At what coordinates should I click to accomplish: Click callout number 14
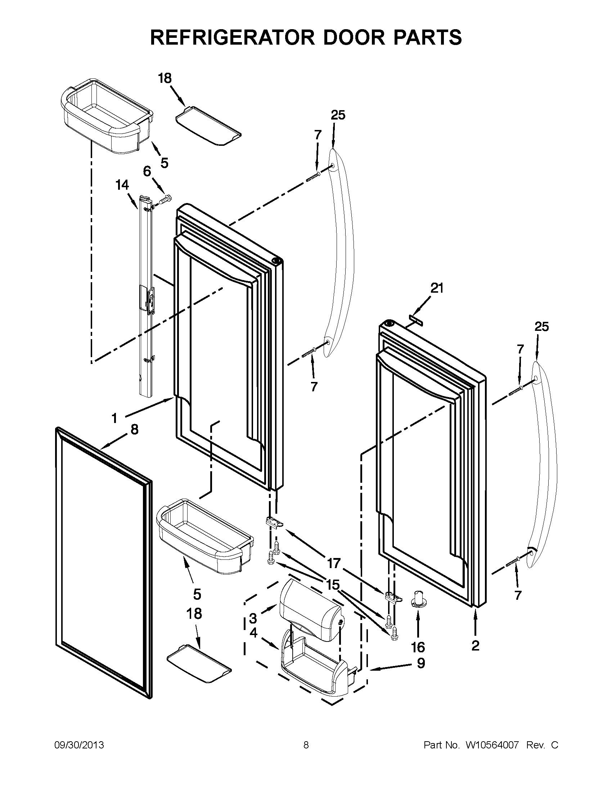pyautogui.click(x=122, y=185)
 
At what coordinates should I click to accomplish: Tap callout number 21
pyautogui.click(x=437, y=288)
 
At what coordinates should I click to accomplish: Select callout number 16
pyautogui.click(x=418, y=647)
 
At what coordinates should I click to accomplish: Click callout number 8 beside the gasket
pyautogui.click(x=134, y=430)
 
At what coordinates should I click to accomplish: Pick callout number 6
pyautogui.click(x=147, y=171)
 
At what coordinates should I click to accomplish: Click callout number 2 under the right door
pyautogui.click(x=475, y=645)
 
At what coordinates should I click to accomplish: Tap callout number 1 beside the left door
pyautogui.click(x=114, y=419)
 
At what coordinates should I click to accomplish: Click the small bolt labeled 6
pyautogui.click(x=166, y=199)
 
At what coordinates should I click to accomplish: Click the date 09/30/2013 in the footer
pyautogui.click(x=79, y=745)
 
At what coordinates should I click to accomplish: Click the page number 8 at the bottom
pyautogui.click(x=306, y=745)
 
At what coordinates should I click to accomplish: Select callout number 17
pyautogui.click(x=334, y=563)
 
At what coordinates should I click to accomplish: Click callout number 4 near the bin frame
pyautogui.click(x=253, y=633)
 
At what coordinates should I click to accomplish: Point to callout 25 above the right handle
pyautogui.click(x=542, y=327)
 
